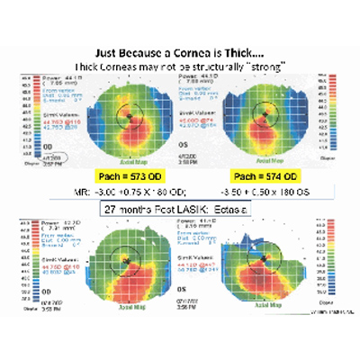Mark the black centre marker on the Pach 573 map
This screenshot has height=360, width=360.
129,116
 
